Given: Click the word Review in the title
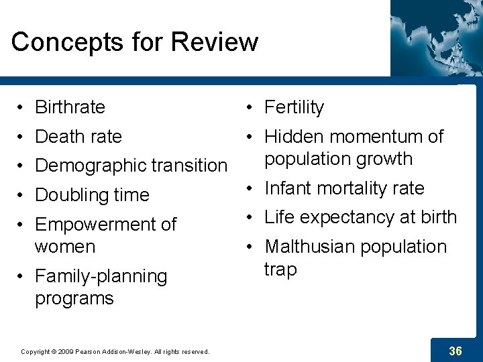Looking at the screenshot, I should click(x=215, y=42).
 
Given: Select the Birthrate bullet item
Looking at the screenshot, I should click(x=70, y=107).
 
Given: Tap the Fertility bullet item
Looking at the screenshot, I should click(x=294, y=107).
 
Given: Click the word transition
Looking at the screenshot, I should click(x=189, y=166).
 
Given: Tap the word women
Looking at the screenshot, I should click(x=65, y=247).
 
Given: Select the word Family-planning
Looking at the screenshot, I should click(x=101, y=276).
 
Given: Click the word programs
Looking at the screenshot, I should click(x=74, y=298).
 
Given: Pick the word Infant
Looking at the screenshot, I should click(x=288, y=188).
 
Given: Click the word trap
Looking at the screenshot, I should click(x=280, y=269).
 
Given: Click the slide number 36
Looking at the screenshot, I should click(x=455, y=351).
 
